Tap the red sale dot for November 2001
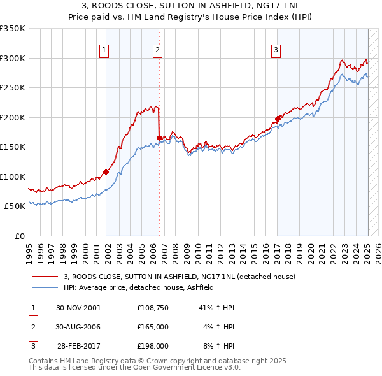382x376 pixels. pos(106,171)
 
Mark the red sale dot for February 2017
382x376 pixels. pos(278,119)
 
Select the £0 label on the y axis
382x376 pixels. pos(18,236)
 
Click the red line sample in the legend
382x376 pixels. pos(45,277)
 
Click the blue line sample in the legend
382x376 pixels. pos(45,288)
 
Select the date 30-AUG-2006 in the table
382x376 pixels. pos(79,327)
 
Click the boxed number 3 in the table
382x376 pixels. pos(32,347)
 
